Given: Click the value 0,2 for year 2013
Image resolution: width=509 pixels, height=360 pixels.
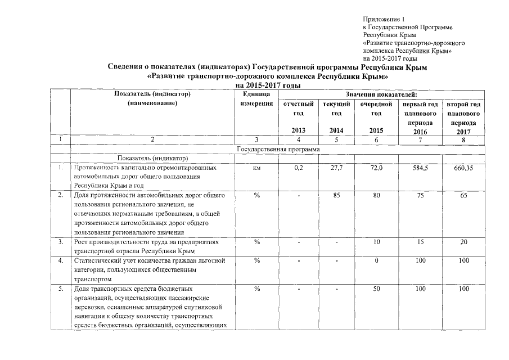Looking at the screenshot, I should coord(298,168).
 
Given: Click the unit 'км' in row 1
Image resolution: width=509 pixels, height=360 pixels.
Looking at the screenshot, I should coord(256,168).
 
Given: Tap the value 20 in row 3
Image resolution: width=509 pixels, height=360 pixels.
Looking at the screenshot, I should coord(464,242).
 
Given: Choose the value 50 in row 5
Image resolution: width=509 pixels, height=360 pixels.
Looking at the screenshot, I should coord(376,289).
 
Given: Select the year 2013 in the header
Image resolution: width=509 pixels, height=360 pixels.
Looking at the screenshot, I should coord(298,131).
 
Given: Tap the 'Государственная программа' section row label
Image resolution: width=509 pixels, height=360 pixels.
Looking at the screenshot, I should coord(279,149).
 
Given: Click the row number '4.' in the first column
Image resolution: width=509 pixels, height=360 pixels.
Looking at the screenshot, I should coord(60,260).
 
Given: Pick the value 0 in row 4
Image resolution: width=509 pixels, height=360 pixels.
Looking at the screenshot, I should coord(376,260).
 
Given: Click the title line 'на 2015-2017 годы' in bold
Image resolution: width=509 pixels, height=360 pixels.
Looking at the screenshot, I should coord(267,85).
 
